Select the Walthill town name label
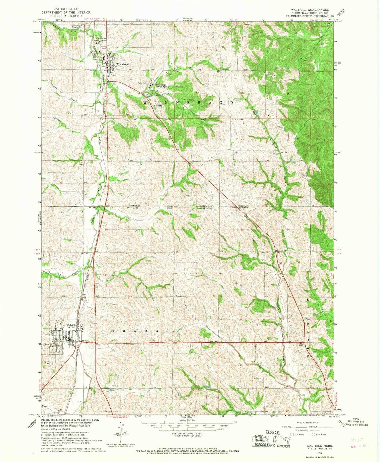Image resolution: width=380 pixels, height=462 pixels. (x=71, y=325)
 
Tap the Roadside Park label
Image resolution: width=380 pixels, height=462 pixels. (x=189, y=100)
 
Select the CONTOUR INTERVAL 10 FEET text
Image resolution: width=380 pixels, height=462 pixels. (x=187, y=434)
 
